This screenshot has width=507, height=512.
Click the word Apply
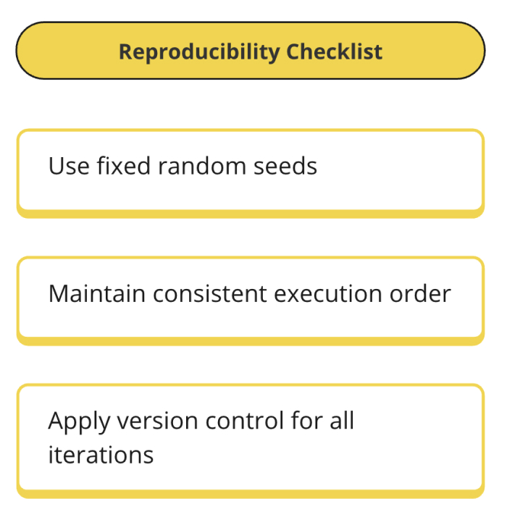pyautogui.click(x=77, y=421)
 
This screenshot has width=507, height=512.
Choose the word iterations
pyautogui.click(x=101, y=455)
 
